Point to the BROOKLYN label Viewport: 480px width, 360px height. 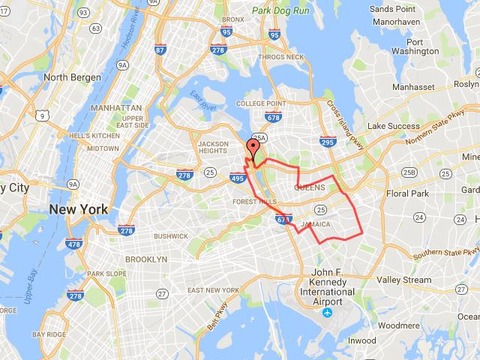click(x=147, y=258)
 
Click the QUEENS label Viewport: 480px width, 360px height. click(x=312, y=187)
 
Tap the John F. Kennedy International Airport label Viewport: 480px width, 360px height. click(x=320, y=286)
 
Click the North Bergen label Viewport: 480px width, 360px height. click(x=68, y=77)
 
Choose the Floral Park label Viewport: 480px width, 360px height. click(x=407, y=193)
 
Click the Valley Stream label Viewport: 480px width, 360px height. click(x=404, y=281)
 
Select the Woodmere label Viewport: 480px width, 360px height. click(x=401, y=325)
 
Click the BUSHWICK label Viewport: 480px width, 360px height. click(x=170, y=236)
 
